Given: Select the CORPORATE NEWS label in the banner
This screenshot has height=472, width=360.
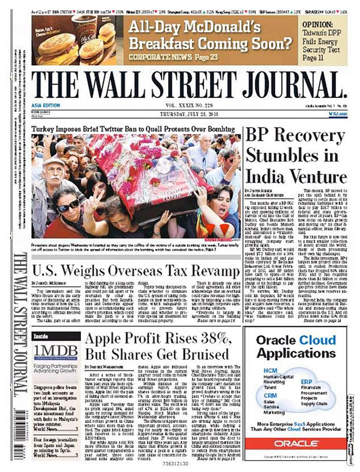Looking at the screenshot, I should click(x=155, y=57).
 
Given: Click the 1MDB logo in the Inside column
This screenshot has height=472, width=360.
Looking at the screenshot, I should click(x=55, y=349).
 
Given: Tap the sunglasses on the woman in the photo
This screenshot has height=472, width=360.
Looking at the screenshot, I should click(x=68, y=207).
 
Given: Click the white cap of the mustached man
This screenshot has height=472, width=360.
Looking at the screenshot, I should click(x=54, y=162).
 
